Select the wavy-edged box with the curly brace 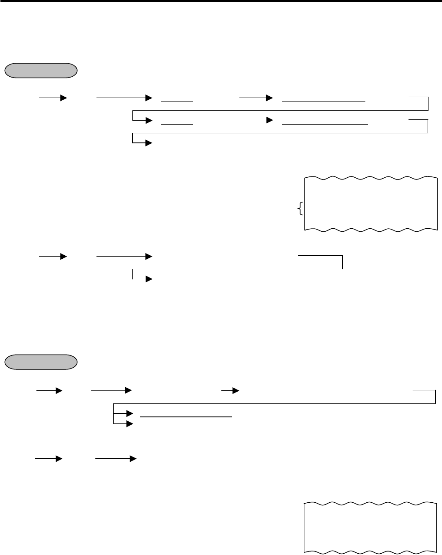point(370,203)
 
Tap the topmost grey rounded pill point(41,71)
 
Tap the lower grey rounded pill point(41,362)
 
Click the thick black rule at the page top point(221,1)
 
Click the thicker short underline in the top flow point(177,124)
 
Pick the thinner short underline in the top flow point(177,101)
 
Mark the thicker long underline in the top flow point(325,124)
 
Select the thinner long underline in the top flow point(323,101)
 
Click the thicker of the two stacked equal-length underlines point(186,417)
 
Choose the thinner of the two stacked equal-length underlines point(186,427)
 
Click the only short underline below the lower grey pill point(159,393)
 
